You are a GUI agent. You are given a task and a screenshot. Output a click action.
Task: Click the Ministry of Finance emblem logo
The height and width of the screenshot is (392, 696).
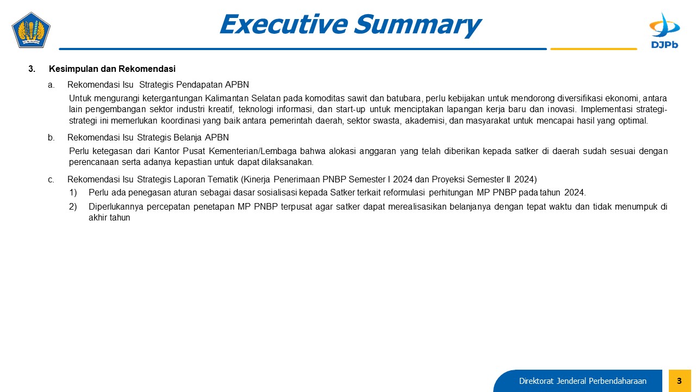(x=31, y=30)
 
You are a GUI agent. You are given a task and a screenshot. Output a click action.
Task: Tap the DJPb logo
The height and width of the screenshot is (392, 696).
(x=664, y=30)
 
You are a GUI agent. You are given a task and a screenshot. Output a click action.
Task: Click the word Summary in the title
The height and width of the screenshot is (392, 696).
(x=418, y=24)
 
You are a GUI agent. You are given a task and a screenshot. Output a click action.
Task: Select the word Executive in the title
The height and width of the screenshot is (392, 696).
(x=283, y=24)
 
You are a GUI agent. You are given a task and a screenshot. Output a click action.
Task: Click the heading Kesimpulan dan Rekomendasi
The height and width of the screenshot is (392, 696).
(x=112, y=69)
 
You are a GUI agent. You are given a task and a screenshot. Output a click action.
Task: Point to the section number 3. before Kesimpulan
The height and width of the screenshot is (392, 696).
(x=32, y=69)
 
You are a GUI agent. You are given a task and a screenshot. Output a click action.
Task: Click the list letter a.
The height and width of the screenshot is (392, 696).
(x=51, y=84)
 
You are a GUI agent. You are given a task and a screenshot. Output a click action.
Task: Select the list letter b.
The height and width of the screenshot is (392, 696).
(x=51, y=137)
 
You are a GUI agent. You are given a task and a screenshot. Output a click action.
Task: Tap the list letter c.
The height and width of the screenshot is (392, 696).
(x=51, y=180)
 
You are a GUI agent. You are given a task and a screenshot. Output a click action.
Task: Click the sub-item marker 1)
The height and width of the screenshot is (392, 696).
(x=73, y=193)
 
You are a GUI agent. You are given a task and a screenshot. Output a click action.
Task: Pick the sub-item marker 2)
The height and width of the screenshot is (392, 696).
(x=73, y=206)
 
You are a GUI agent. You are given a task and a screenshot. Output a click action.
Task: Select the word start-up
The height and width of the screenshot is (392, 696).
(x=351, y=109)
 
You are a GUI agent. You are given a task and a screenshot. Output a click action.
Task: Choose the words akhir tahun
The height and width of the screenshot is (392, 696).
(x=109, y=217)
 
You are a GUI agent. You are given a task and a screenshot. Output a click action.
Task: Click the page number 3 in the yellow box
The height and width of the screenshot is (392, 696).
(x=679, y=381)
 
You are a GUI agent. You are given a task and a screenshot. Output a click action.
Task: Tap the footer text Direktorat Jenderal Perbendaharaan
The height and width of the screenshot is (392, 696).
(x=582, y=381)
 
